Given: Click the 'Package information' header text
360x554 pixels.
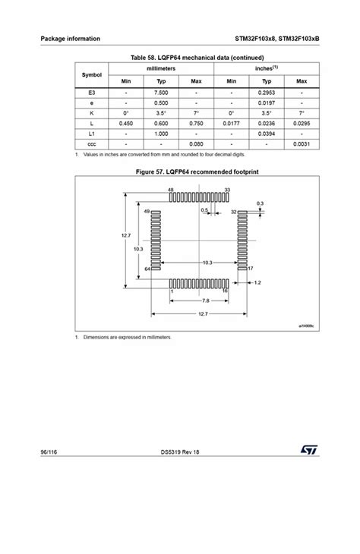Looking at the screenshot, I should coord(70,39).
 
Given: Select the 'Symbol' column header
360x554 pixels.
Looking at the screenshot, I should coord(92,75).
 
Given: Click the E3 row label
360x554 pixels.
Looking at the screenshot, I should coord(92,91).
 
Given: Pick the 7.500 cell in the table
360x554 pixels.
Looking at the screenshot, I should coord(161,91).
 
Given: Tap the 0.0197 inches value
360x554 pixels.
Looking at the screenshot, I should coord(267,102).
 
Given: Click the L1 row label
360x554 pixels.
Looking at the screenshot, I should coord(92,133).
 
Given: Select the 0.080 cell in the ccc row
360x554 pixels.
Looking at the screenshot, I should coord(196,143).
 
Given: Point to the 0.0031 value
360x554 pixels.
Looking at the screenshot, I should coord(302,143).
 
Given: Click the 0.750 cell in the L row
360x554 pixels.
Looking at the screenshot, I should coord(196,122).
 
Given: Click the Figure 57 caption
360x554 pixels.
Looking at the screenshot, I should coord(197,172).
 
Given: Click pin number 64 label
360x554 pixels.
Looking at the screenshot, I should coord(147,269).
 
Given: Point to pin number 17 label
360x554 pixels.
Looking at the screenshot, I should coord(251,269).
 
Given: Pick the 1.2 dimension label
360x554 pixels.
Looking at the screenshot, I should coord(257,283).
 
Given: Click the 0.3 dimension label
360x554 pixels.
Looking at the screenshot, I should coord(260,203).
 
